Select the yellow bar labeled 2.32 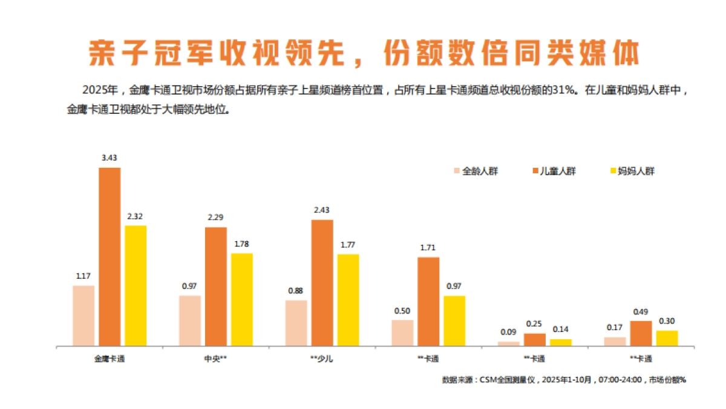pyautogui.click(x=136, y=285)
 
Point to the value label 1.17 pyautogui.click(x=83, y=276)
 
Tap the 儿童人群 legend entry pyautogui.click(x=553, y=171)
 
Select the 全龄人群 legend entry pyautogui.click(x=476, y=171)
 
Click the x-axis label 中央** pyautogui.click(x=216, y=359)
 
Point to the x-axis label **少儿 pyautogui.click(x=321, y=359)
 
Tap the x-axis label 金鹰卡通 pyautogui.click(x=110, y=359)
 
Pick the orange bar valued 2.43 pyautogui.click(x=322, y=282)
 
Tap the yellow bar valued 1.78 pyautogui.click(x=242, y=299)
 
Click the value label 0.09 pyautogui.click(x=509, y=332)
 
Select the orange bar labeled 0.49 pyautogui.click(x=641, y=333)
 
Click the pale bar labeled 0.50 pyautogui.click(x=402, y=333)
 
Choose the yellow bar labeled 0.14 pyautogui.click(x=561, y=342)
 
